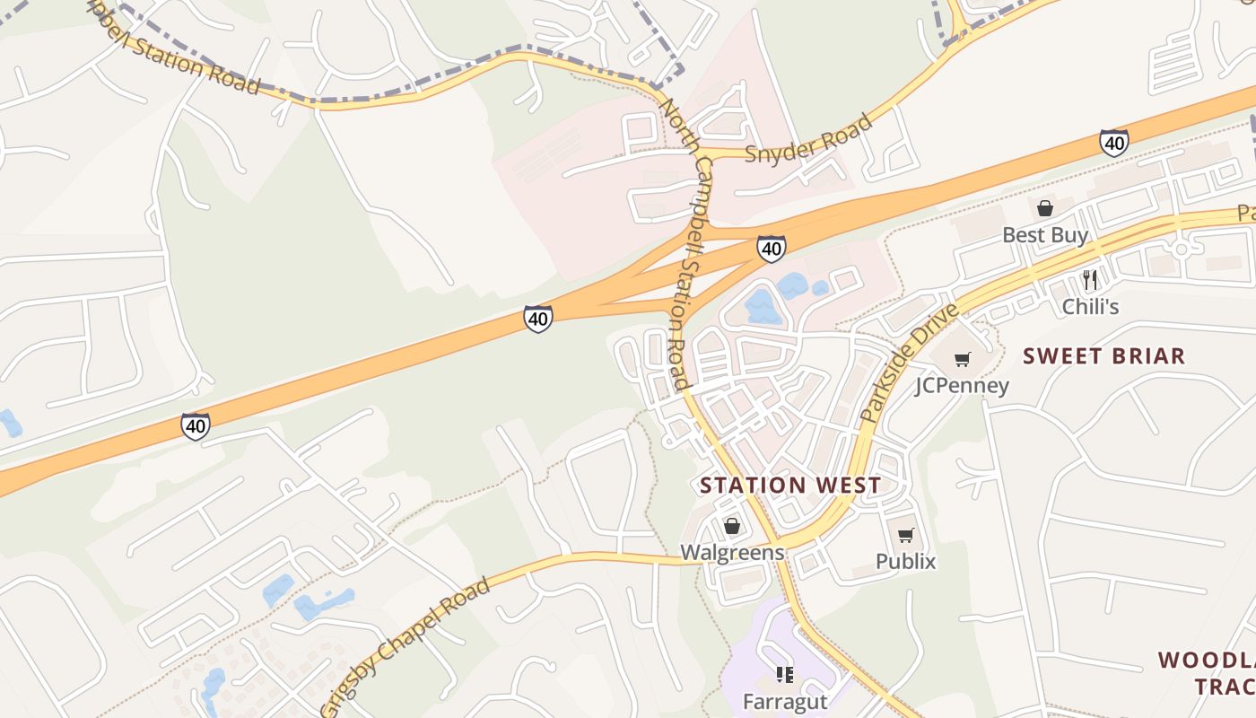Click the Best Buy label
click(1044, 235)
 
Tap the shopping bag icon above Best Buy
click(1045, 209)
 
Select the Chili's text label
click(1090, 306)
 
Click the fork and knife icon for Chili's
click(1090, 280)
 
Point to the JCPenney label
click(962, 385)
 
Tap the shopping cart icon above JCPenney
click(962, 360)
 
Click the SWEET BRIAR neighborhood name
click(1103, 356)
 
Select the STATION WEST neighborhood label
click(789, 486)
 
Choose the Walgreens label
click(732, 552)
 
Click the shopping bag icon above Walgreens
click(732, 526)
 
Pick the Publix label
click(905, 562)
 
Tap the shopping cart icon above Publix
click(906, 536)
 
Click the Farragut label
click(784, 700)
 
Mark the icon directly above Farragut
click(785, 675)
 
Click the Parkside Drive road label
click(909, 363)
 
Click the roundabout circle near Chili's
click(1182, 249)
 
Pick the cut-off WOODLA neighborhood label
click(1207, 661)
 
